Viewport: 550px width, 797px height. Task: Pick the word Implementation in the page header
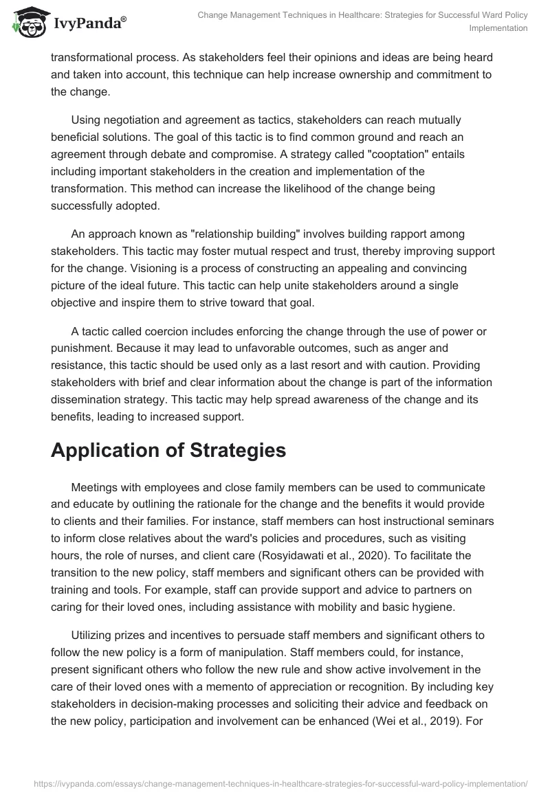coord(498,28)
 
